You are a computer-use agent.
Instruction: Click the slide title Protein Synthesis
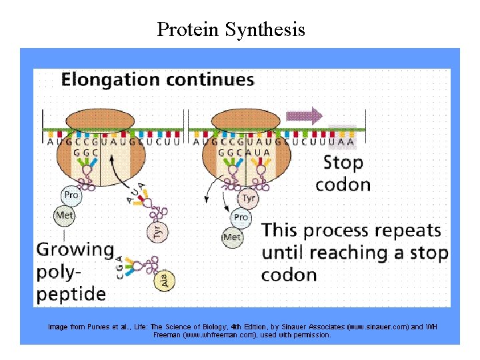pos(231,29)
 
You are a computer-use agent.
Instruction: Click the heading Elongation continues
pos(158,80)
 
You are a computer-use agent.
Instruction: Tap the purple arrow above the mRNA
pos(304,115)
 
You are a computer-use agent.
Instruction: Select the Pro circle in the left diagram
pos(71,195)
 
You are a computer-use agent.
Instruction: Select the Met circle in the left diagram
pos(64,215)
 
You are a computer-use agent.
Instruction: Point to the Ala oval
pos(164,281)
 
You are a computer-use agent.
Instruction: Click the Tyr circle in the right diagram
pos(248,199)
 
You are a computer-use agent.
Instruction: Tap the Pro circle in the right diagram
pos(241,217)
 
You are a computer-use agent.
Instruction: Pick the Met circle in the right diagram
pos(232,237)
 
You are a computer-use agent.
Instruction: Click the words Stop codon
pos(343,173)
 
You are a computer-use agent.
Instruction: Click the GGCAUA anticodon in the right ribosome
pos(244,152)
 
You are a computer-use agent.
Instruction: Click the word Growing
pos(75,250)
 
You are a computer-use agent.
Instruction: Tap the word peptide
pos(71,293)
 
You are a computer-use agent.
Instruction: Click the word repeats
pos(408,231)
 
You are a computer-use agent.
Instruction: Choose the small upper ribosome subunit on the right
pos(247,121)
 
